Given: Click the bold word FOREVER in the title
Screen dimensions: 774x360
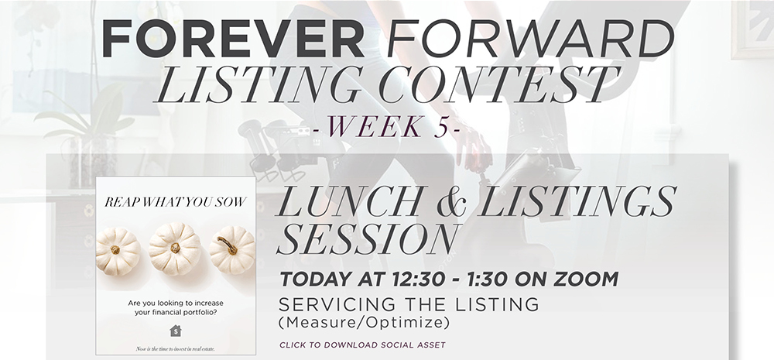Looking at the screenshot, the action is pyautogui.click(x=233, y=39).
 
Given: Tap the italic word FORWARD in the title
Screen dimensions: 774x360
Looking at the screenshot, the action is pyautogui.click(x=531, y=39).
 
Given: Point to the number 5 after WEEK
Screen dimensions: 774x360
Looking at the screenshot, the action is pyautogui.click(x=442, y=126).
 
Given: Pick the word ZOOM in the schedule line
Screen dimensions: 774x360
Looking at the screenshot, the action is pyautogui.click(x=586, y=279).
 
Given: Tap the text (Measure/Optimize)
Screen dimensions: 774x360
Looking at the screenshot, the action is pyautogui.click(x=365, y=323).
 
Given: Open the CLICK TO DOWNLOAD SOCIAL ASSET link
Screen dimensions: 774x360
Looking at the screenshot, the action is pyautogui.click(x=362, y=345).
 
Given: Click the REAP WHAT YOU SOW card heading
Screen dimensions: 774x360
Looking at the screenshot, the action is pyautogui.click(x=175, y=202).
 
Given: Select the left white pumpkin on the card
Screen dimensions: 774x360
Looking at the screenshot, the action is pyautogui.click(x=118, y=251).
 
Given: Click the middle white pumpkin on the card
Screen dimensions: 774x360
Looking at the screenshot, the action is pyautogui.click(x=175, y=249).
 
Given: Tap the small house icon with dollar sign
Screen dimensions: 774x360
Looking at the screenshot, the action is pyautogui.click(x=175, y=331).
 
